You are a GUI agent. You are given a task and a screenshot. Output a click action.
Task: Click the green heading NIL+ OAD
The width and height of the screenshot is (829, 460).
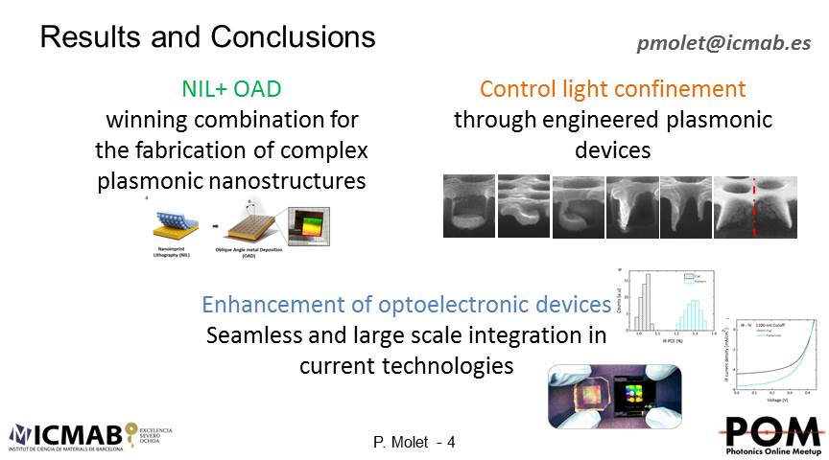(x=231, y=90)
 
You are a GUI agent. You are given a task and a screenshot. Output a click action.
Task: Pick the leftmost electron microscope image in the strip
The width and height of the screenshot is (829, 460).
(x=468, y=205)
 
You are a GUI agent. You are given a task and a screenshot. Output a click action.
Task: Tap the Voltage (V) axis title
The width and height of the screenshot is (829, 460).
(x=775, y=398)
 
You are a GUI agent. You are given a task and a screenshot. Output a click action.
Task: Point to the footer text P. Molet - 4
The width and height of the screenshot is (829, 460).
(x=414, y=442)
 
